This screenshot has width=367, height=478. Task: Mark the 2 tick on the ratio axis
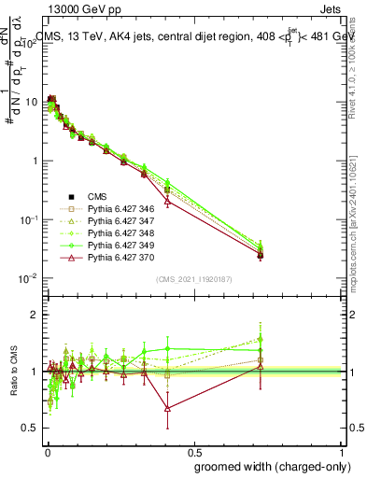click(x=34, y=315)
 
